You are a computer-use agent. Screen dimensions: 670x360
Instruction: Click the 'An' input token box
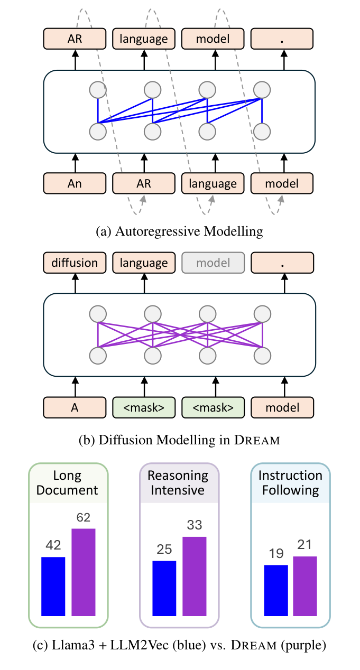75,183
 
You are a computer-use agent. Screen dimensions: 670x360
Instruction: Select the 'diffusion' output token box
75,263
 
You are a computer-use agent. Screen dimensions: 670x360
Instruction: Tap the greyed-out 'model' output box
213,263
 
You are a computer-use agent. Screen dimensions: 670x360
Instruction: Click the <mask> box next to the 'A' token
144,407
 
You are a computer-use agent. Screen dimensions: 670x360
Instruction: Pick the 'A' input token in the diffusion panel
75,407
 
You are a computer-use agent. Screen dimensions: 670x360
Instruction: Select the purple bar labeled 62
84,572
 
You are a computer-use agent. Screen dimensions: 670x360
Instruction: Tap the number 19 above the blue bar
275,554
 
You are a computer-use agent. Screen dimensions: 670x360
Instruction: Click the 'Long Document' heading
68,482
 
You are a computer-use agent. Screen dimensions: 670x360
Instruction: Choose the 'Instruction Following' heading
290,482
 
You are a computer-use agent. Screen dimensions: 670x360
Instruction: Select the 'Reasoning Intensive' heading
179,482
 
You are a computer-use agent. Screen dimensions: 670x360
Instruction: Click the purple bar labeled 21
305,586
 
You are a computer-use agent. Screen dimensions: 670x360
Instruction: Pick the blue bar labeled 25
164,588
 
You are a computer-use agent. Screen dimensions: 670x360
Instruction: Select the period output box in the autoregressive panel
282,39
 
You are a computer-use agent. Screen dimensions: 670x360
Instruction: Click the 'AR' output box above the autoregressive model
75,39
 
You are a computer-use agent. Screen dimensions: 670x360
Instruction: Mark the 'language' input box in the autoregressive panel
213,183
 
